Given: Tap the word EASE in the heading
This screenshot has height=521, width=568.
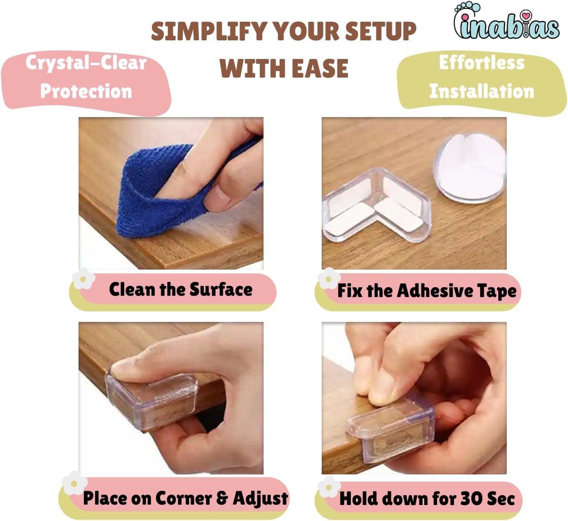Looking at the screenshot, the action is (320, 68).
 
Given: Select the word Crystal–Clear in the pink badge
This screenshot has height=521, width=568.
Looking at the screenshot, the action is (86, 63).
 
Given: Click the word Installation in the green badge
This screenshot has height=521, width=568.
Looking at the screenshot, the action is (481, 91).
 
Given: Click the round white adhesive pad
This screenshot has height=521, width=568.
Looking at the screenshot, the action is (470, 168).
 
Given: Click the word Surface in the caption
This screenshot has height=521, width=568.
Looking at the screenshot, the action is (221, 290).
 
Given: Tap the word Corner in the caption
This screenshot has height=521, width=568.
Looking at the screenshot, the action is (183, 498).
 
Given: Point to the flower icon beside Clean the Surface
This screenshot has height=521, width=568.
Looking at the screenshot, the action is (83, 279).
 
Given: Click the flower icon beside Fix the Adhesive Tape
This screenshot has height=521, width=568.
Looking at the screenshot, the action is (328, 279).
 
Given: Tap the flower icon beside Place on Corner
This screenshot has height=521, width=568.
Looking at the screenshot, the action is (74, 484).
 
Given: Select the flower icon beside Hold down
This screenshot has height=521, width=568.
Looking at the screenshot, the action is (329, 487).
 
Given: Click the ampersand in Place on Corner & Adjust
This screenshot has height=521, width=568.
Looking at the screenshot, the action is (222, 498).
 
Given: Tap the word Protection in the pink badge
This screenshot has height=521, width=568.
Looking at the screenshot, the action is (86, 91).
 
